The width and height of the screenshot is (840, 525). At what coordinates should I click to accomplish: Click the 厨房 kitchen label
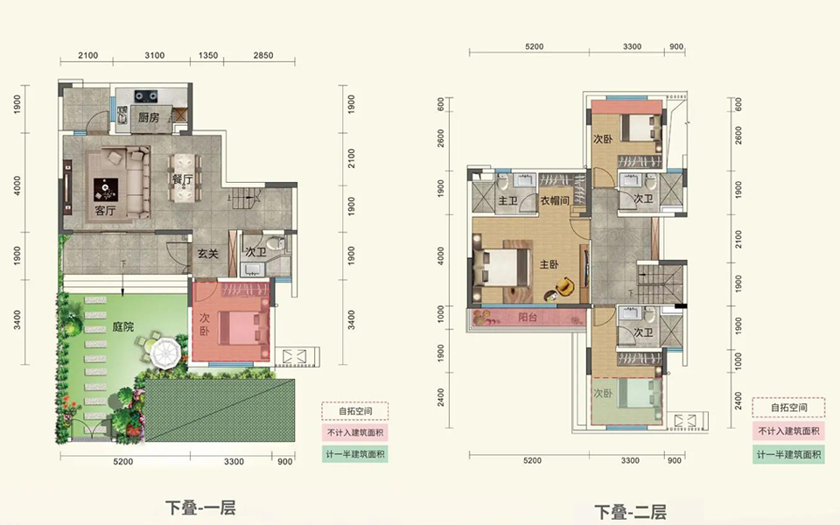point(149,117)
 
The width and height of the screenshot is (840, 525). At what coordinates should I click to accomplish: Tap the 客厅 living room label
point(105,211)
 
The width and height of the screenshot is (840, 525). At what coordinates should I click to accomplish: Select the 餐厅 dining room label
point(183,179)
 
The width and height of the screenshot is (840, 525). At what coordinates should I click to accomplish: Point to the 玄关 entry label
point(208,254)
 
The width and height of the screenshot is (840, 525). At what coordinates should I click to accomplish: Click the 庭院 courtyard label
point(123,326)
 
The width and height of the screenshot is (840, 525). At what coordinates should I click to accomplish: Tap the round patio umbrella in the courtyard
point(166,352)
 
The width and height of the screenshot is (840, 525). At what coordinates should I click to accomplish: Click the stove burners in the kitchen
point(146,96)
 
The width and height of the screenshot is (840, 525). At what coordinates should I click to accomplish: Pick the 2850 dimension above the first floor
point(263,55)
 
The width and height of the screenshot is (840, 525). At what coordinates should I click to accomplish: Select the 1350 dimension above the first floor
point(208,55)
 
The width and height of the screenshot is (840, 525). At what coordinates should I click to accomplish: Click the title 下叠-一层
point(200,507)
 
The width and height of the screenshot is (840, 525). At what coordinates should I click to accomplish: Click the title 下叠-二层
point(631,512)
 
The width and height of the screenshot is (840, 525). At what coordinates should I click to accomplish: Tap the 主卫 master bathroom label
point(507,201)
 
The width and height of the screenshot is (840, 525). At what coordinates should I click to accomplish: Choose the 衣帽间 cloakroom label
point(555,200)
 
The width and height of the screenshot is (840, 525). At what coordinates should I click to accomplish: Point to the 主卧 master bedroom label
point(549,264)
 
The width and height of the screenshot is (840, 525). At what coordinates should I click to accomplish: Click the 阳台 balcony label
point(528,317)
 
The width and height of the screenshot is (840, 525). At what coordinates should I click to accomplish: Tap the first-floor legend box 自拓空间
point(355,411)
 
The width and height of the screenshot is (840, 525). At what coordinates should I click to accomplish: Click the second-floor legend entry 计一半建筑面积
point(788,454)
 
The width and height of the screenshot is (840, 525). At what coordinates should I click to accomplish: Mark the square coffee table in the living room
point(106,190)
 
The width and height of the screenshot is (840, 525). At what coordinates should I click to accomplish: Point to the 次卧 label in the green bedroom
point(603,393)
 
